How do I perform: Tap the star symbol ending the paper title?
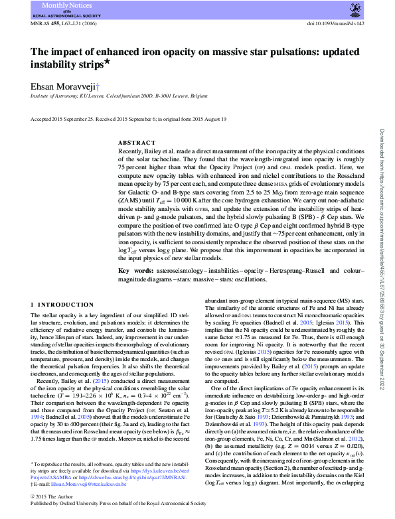tap(110, 62)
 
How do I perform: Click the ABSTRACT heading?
tap(137, 143)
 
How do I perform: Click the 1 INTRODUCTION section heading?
tap(62, 305)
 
